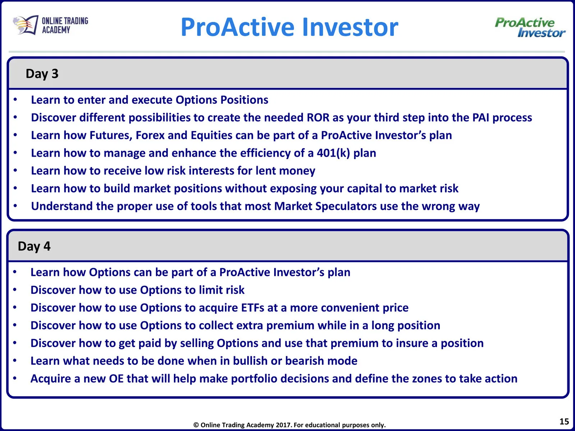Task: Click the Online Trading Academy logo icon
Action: point(26,25)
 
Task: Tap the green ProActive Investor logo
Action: point(530,27)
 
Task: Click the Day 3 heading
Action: point(42,74)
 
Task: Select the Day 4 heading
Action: point(34,246)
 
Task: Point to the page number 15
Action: point(564,421)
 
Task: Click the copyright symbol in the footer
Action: point(196,425)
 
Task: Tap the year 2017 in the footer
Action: point(284,425)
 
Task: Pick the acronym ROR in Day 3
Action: point(318,117)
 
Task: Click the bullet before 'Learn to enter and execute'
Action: point(15,99)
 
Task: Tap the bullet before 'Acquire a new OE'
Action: point(15,378)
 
